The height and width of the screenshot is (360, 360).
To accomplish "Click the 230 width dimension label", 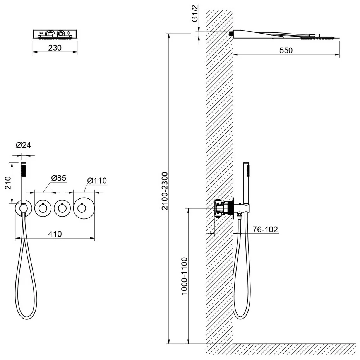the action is point(55,48).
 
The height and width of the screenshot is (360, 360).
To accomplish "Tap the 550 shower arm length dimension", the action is point(286,50).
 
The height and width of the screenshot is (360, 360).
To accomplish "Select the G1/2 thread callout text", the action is point(195,14).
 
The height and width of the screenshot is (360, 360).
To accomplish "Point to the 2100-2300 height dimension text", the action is point(165,191).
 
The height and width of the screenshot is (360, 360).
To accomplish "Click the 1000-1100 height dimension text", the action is point(184,276).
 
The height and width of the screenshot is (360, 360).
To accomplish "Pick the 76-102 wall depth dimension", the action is point(265,229).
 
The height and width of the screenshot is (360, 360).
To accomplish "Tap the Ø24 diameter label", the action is point(23,145).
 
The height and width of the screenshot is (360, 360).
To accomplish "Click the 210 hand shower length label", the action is point(8,183).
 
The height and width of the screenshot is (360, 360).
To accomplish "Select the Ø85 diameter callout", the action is point(58,178).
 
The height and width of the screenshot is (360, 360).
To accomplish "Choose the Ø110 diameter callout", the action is point(97,181).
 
